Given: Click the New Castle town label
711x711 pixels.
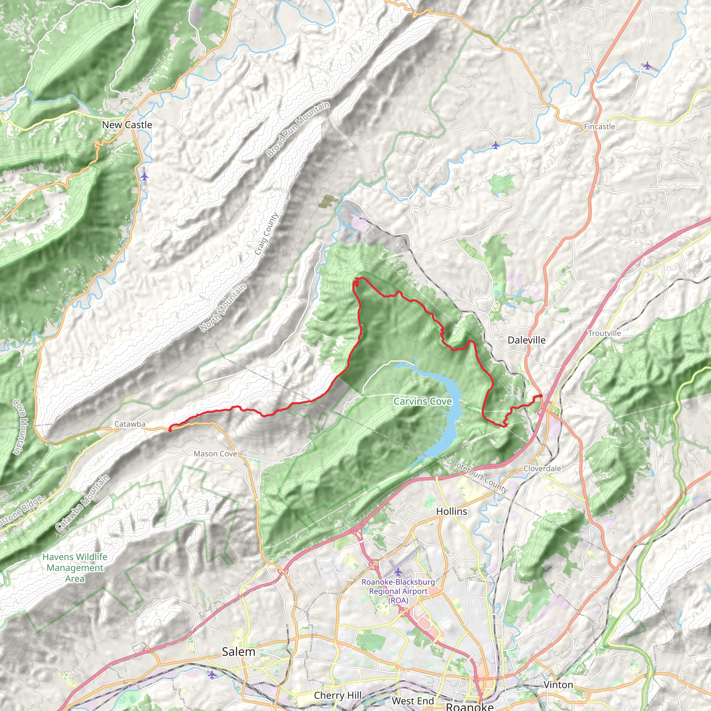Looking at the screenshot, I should pyautogui.click(x=127, y=125).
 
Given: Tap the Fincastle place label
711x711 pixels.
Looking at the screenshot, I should pyautogui.click(x=599, y=127).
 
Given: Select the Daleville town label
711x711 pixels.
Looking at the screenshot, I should pyautogui.click(x=526, y=340).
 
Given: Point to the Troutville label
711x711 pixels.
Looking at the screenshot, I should pyautogui.click(x=604, y=333).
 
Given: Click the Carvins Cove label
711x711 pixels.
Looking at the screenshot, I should pyautogui.click(x=423, y=402).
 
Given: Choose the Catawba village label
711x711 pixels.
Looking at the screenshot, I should pyautogui.click(x=129, y=424).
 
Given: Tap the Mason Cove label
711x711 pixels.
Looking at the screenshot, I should pyautogui.click(x=215, y=454).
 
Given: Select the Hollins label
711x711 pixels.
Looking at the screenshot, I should pyautogui.click(x=452, y=511).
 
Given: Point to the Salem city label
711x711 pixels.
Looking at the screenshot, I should pyautogui.click(x=239, y=652).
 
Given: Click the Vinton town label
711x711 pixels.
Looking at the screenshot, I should pyautogui.click(x=558, y=685).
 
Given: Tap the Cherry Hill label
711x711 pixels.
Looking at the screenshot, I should pyautogui.click(x=337, y=695).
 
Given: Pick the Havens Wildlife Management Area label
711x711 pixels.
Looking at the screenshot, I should pyautogui.click(x=75, y=568).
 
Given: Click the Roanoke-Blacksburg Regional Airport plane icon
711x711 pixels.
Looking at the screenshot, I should pyautogui.click(x=398, y=572).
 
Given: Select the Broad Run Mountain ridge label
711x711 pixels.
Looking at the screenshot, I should pyautogui.click(x=298, y=129).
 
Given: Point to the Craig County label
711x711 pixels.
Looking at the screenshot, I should pyautogui.click(x=266, y=234).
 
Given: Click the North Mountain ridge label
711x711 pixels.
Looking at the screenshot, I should pyautogui.click(x=223, y=308).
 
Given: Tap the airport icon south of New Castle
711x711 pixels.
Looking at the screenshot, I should pyautogui.click(x=144, y=177).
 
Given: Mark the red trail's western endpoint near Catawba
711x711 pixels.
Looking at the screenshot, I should pyautogui.click(x=170, y=429).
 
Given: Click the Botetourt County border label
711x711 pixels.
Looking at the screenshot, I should pyautogui.click(x=479, y=476).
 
